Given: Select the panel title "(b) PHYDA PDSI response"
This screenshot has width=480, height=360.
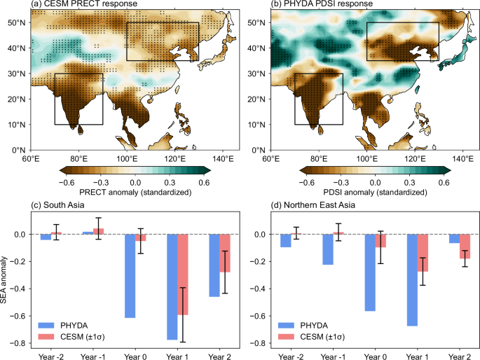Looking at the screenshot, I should tap(313, 6).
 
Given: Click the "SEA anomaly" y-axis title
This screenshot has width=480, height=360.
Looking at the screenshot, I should tap(6, 277).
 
